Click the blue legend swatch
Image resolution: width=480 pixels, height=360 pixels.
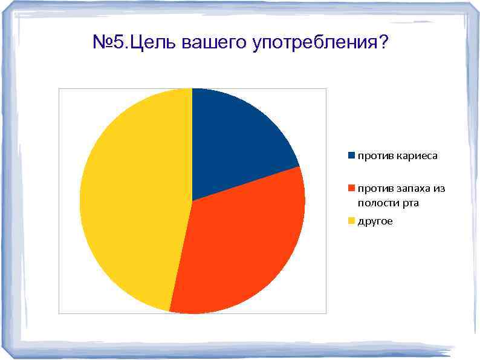point(351,155)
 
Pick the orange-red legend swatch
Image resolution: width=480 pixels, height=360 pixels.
point(351,188)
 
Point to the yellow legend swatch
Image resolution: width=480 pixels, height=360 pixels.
point(351,221)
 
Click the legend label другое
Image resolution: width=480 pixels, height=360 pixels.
point(375,221)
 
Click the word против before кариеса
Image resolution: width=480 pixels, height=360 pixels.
point(375,156)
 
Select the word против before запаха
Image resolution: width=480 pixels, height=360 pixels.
point(375,189)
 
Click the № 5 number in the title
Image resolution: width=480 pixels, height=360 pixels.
point(109,43)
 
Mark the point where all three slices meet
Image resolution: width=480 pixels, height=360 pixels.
point(192,201)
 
